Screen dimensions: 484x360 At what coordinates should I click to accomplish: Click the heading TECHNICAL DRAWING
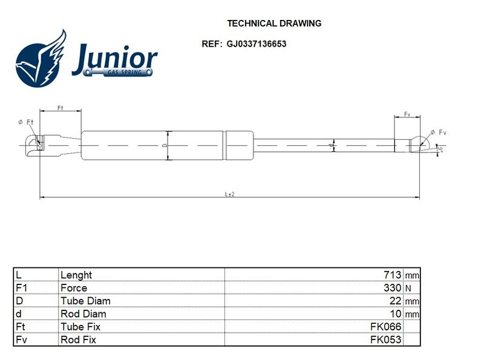click(x=274, y=24)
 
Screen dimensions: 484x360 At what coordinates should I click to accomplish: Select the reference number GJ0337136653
click(x=256, y=44)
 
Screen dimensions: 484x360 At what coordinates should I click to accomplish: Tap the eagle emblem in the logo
click(x=41, y=59)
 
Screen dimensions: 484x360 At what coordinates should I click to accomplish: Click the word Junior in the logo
click(x=115, y=59)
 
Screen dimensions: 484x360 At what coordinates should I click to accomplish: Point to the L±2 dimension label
click(x=230, y=194)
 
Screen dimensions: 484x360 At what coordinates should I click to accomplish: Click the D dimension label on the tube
click(x=165, y=145)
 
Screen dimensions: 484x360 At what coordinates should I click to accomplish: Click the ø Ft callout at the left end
click(x=25, y=122)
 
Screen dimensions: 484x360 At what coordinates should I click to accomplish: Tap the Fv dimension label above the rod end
click(x=407, y=114)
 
